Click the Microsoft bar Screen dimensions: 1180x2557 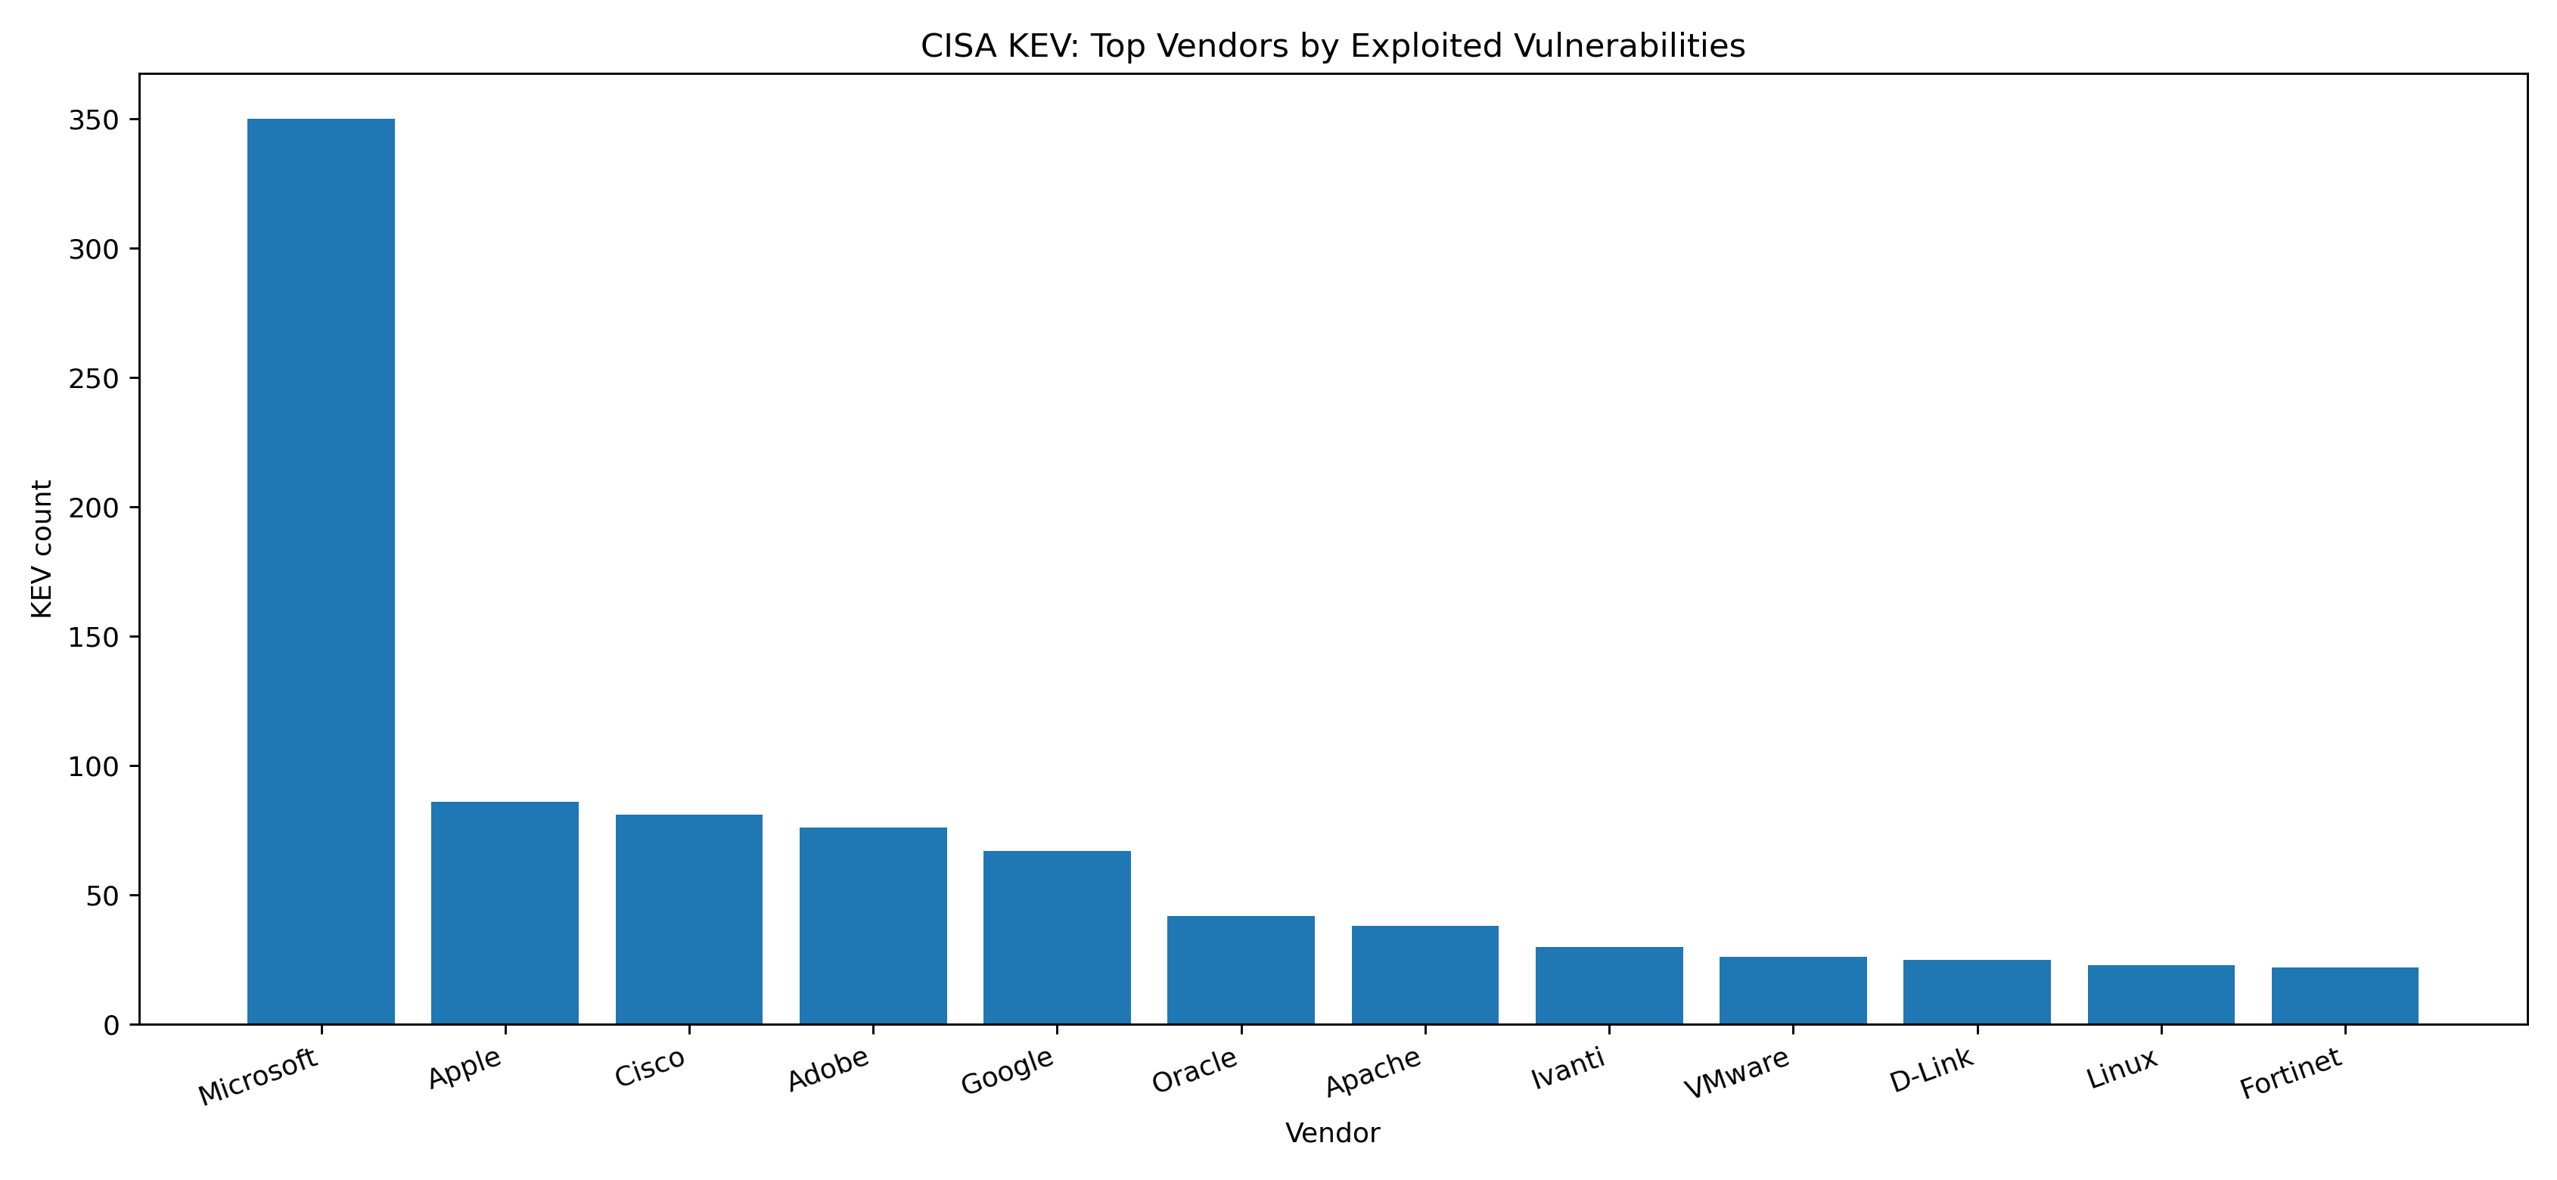coord(321,570)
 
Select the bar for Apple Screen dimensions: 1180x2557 coord(505,912)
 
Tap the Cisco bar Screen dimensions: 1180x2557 coord(689,919)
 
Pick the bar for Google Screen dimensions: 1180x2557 coord(1056,937)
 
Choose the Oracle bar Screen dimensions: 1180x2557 coord(1241,970)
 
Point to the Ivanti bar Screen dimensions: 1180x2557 coord(1609,986)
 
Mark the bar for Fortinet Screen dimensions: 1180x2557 coord(2344,995)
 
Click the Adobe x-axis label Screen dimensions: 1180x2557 coord(829,1069)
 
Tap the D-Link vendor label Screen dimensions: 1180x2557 coord(1931,1070)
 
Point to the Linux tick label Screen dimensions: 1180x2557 coord(2122,1069)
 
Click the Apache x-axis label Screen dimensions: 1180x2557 coord(1374,1073)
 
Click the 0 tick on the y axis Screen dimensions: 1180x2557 coord(110,1025)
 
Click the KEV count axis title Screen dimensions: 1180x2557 coord(42,549)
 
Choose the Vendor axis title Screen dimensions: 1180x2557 coord(1332,1133)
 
